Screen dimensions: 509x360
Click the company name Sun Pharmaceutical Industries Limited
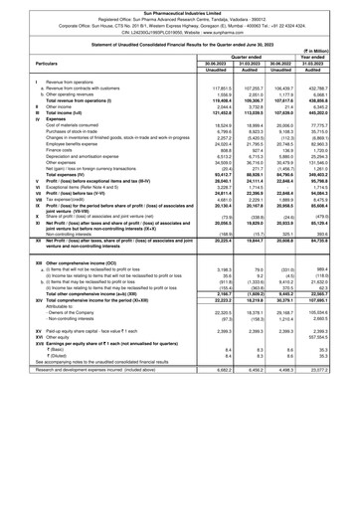click(180, 5)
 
